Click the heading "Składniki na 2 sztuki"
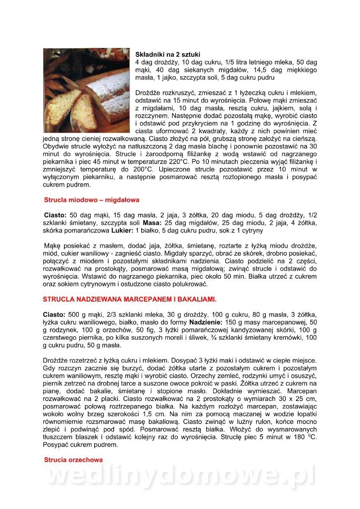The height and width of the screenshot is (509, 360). [x=167, y=54]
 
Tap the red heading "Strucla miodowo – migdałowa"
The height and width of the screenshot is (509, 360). [x=92, y=199]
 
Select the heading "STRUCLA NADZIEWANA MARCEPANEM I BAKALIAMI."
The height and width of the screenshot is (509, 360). [x=129, y=299]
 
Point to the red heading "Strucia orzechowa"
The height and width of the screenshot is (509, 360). [x=73, y=459]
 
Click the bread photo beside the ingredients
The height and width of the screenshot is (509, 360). [x=87, y=90]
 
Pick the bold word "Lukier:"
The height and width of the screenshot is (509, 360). [x=121, y=231]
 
